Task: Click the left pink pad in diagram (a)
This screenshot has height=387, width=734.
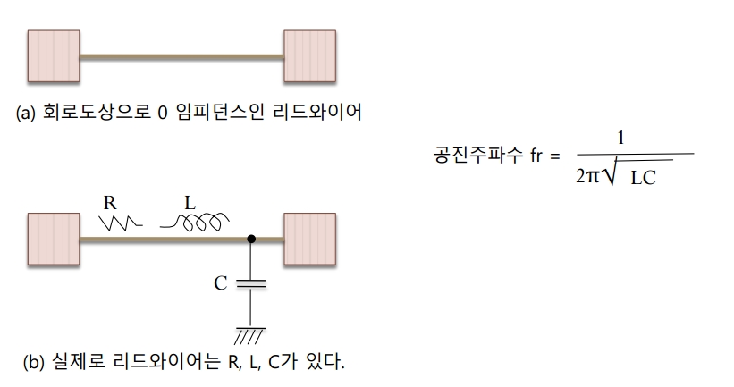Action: click(x=54, y=56)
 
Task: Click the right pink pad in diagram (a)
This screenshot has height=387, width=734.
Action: click(x=308, y=56)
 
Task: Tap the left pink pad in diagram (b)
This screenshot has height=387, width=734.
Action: click(x=54, y=239)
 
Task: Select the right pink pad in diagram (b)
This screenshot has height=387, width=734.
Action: click(x=308, y=239)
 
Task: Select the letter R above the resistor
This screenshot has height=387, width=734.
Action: click(x=110, y=202)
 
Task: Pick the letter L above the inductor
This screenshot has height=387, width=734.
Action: click(x=190, y=202)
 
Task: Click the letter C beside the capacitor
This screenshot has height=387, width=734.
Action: click(x=220, y=284)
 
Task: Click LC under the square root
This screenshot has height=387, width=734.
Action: click(x=643, y=178)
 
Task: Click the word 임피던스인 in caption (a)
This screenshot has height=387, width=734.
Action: click(x=224, y=114)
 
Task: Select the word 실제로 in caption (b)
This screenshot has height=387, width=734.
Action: click(x=73, y=363)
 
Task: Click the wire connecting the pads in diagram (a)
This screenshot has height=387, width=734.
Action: click(x=181, y=56)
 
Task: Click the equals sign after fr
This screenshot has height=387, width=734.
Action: click(x=555, y=156)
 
